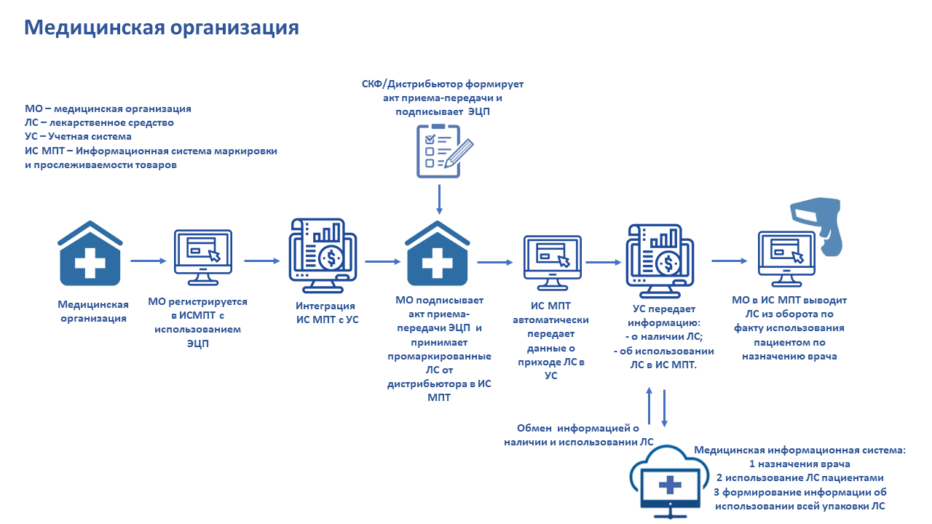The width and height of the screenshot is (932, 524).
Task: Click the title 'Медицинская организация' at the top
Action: [162, 28]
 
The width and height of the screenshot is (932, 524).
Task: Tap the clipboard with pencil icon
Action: [444, 151]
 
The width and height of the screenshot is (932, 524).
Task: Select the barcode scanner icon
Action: [817, 226]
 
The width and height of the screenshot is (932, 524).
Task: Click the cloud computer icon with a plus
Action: [669, 483]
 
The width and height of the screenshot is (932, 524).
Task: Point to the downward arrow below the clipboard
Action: [439, 199]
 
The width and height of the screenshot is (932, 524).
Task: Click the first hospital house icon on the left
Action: [90, 253]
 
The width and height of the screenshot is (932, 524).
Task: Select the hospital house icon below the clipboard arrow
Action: [438, 253]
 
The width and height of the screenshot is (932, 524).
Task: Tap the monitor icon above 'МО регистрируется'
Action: [202, 258]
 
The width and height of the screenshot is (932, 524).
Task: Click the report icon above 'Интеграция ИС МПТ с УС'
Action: [323, 255]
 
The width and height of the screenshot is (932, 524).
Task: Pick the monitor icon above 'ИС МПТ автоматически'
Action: [552, 263]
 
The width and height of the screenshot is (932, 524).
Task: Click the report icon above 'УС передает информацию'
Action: [660, 261]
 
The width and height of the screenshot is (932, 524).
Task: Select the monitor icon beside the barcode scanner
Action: [786, 259]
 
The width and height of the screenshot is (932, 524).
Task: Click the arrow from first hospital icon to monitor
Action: [149, 261]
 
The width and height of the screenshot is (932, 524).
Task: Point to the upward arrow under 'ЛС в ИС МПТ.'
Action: [649, 406]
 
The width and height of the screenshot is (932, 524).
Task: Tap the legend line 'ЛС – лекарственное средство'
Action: [99, 123]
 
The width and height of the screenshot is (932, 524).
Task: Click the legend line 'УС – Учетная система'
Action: [78, 136]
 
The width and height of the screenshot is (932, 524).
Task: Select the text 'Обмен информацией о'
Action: [577, 428]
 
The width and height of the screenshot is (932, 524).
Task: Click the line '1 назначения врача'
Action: [799, 464]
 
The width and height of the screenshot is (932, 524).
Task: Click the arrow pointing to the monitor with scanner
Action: [730, 261]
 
